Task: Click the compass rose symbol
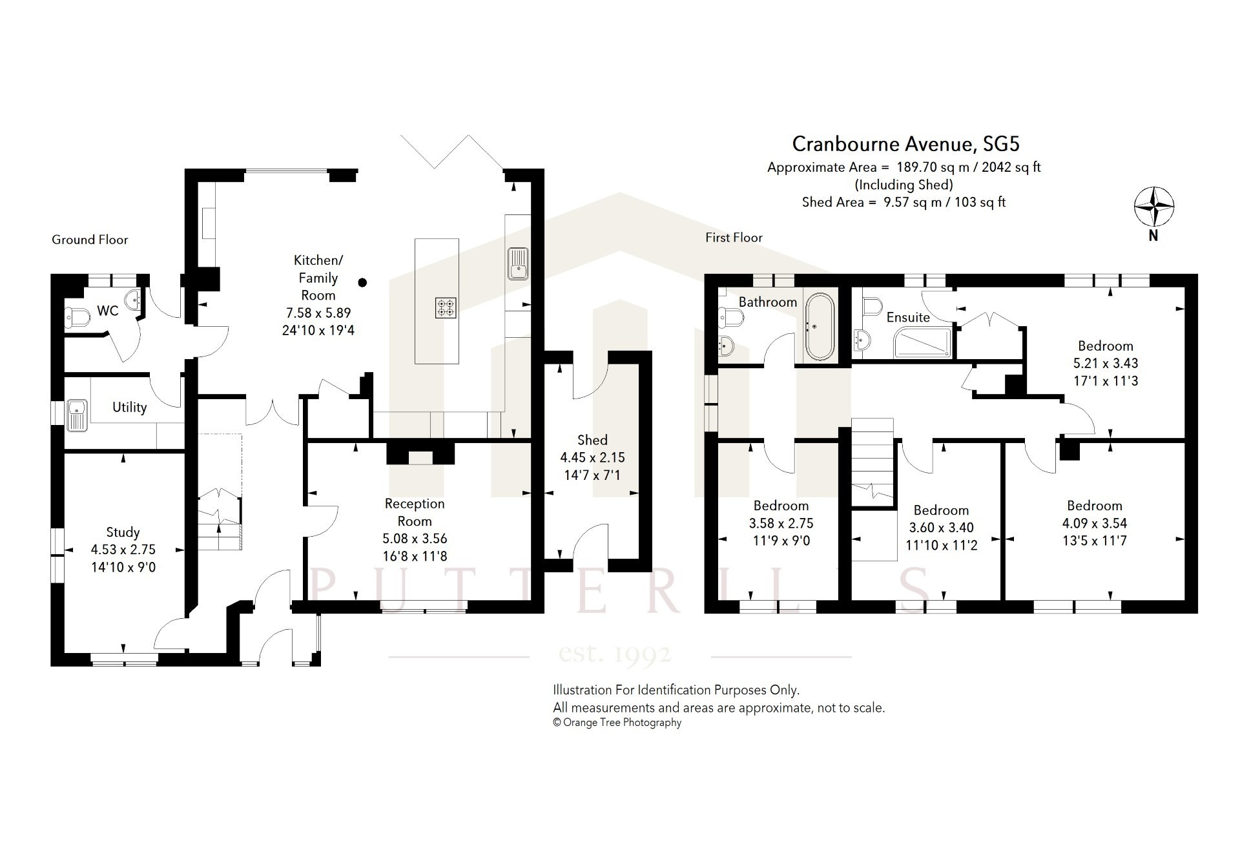point(1154,207)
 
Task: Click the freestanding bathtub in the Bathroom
point(819,327)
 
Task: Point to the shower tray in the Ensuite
point(922,343)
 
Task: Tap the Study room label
point(123,532)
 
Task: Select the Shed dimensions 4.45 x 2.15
point(592,457)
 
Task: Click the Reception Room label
point(415,512)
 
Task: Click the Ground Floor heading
point(90,240)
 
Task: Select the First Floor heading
point(734,238)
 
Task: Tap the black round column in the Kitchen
point(363,282)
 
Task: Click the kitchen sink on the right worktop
point(518,264)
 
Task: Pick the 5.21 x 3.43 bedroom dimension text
point(1106,364)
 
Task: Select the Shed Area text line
point(904,202)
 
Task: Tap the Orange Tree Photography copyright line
point(617,723)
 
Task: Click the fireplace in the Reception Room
point(420,453)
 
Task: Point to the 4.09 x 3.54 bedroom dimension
point(1095,523)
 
